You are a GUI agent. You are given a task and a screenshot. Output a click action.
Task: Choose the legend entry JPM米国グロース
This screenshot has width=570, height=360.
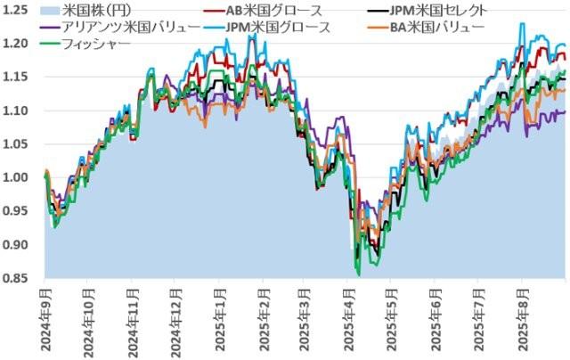pos(281,27)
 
